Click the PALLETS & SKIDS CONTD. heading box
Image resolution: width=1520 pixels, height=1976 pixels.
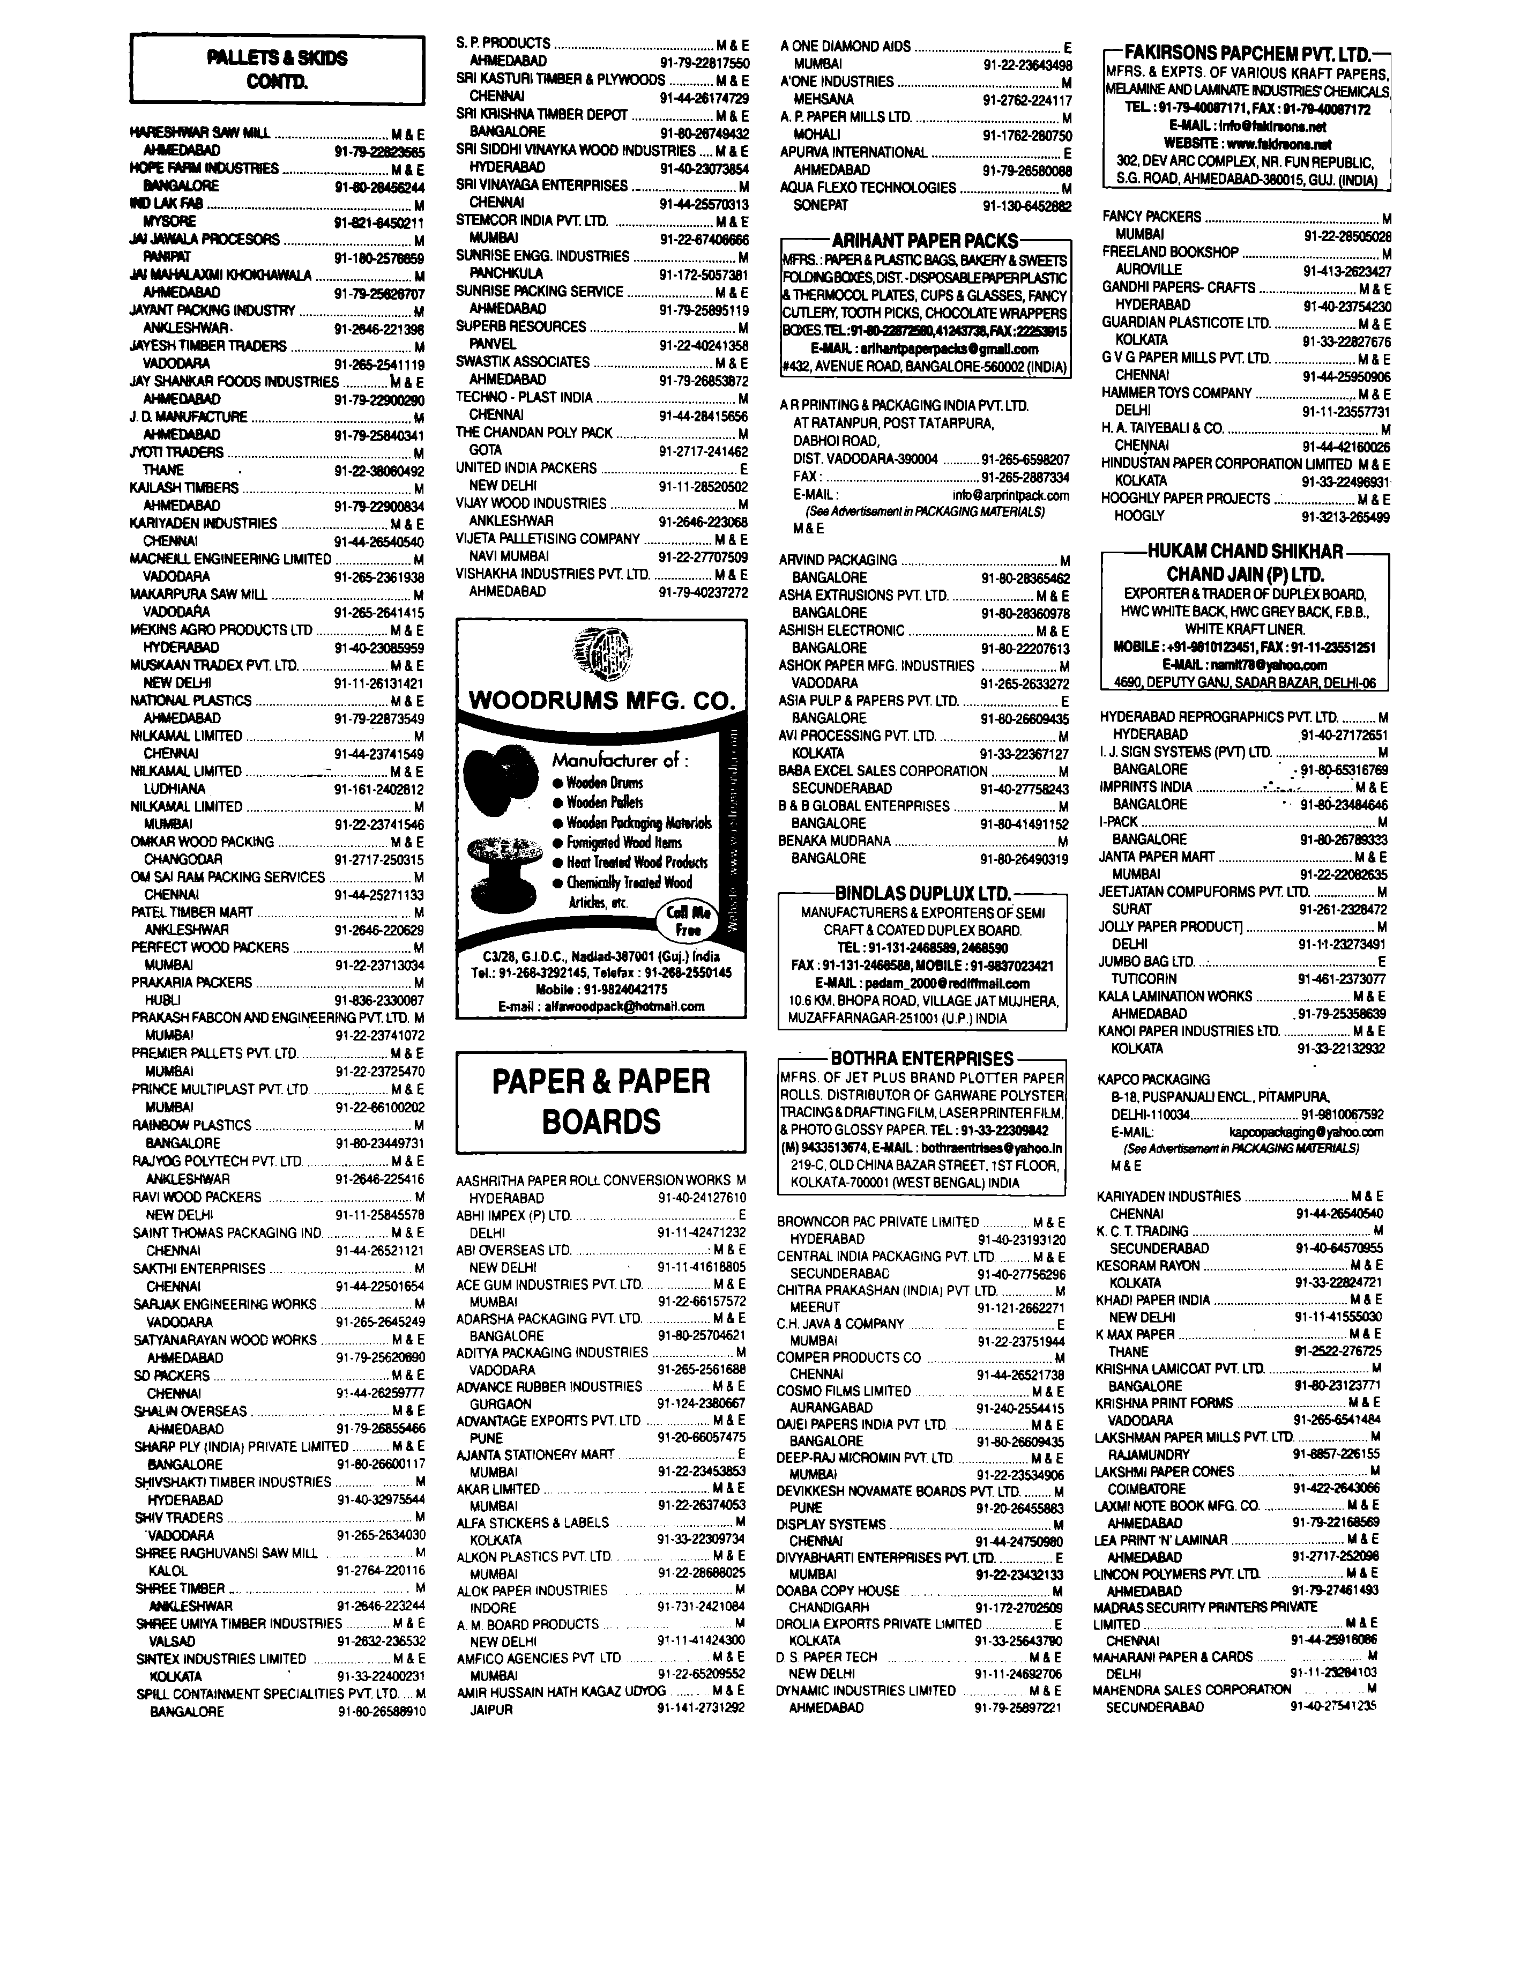tap(277, 70)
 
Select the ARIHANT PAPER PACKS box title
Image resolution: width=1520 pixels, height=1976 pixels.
tap(925, 241)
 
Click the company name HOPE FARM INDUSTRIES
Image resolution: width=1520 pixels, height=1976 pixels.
tap(205, 168)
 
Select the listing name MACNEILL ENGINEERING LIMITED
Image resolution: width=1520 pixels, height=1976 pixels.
tap(230, 559)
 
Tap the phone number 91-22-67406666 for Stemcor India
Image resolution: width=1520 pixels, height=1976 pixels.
tap(703, 240)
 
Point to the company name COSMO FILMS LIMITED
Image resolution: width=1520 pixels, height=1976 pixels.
tap(843, 1391)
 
